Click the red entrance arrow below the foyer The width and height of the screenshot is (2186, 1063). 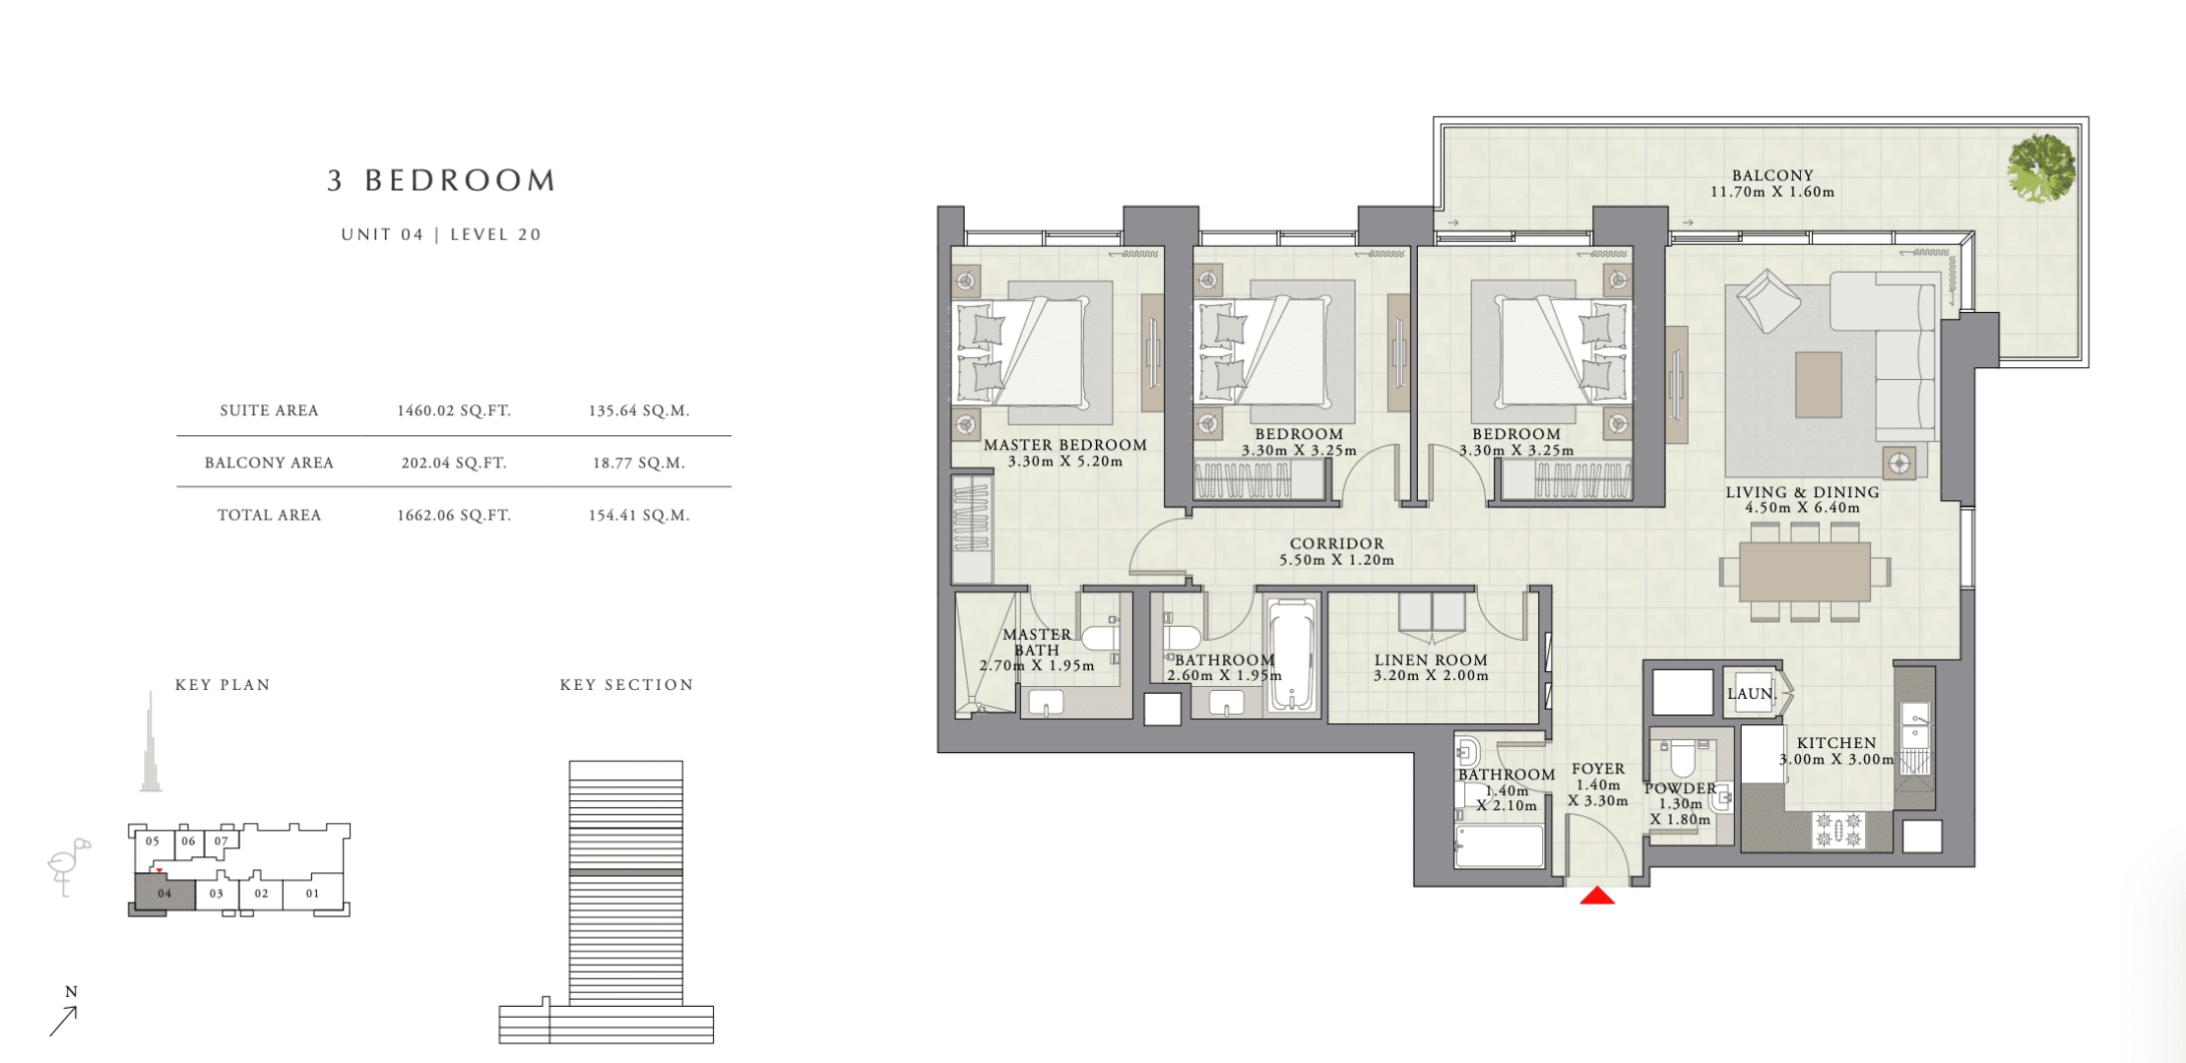1597,896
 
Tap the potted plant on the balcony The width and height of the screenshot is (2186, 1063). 2041,168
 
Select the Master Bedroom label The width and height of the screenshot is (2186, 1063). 1065,445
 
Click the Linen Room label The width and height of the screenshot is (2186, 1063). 1431,660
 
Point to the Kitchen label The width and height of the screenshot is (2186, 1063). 1836,743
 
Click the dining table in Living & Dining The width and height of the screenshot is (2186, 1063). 1804,572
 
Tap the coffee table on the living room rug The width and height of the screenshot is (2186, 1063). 1818,385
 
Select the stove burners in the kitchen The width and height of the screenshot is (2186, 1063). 1838,830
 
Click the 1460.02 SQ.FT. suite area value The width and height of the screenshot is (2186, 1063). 454,410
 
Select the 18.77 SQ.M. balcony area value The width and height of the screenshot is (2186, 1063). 639,463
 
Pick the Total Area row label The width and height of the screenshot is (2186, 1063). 269,515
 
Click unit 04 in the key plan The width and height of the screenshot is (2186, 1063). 164,894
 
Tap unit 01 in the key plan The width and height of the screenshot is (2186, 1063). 312,894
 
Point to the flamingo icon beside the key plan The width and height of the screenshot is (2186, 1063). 68,866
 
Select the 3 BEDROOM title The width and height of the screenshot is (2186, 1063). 442,180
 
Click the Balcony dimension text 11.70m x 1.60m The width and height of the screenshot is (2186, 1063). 1772,192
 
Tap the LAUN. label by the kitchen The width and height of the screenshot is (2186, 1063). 1751,694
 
